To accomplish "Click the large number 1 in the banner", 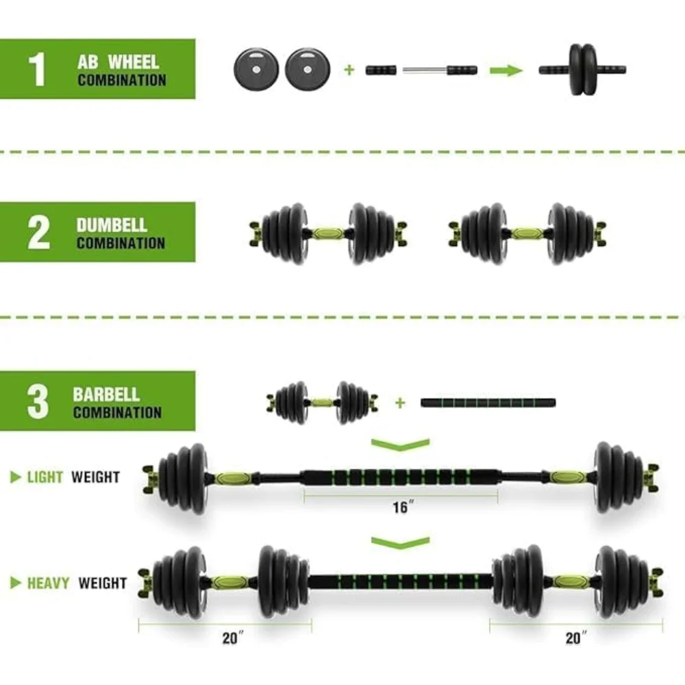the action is [x=38, y=69].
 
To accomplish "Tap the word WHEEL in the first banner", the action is [x=134, y=62].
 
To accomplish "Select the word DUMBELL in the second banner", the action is [x=112, y=225].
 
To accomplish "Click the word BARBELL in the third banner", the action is [x=106, y=395].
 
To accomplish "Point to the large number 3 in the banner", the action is [x=38, y=402].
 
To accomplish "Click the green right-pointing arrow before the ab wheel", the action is [x=506, y=71].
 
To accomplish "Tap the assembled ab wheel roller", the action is [x=582, y=69].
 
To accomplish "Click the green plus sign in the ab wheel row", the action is [x=349, y=70].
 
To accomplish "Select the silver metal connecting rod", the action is [x=425, y=70].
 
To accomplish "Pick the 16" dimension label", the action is [x=403, y=507].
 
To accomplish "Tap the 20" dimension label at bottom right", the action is [x=576, y=638].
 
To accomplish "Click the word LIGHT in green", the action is [x=45, y=477].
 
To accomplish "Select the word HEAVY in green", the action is [x=49, y=583].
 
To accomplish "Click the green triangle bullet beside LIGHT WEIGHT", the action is [x=15, y=477].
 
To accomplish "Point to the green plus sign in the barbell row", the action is [x=400, y=403].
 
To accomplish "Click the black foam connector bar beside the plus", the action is [x=488, y=403].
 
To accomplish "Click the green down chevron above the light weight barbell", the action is [x=400, y=445].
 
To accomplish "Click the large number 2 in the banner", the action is [x=38, y=232].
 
